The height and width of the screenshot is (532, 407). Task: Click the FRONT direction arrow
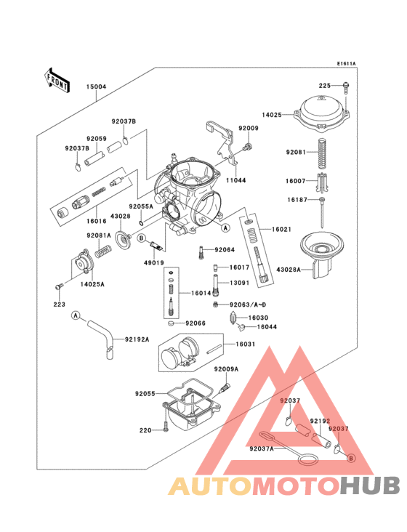57,80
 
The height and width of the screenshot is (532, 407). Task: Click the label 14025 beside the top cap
272,115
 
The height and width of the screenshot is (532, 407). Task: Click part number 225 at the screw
324,86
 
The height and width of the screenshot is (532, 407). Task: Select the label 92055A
142,206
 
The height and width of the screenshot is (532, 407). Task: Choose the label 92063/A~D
249,305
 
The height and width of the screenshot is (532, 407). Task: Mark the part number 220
145,430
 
